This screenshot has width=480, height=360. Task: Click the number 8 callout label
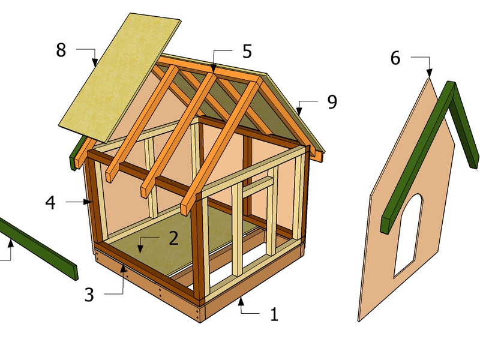(x=61, y=50)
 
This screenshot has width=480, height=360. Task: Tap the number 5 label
(x=247, y=52)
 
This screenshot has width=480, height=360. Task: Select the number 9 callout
(x=332, y=102)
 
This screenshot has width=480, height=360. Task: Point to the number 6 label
(x=395, y=58)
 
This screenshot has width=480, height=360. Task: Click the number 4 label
(x=50, y=203)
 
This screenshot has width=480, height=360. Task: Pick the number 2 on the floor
(x=173, y=238)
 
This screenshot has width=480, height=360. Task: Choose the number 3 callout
(x=89, y=295)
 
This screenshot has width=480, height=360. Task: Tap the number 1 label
(x=275, y=314)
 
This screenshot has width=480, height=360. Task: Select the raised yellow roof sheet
(x=120, y=77)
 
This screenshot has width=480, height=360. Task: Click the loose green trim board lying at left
(x=38, y=248)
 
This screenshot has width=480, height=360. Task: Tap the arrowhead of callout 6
(x=430, y=73)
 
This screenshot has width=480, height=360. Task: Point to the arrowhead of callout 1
(x=241, y=301)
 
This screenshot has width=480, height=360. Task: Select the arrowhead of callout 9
(x=299, y=111)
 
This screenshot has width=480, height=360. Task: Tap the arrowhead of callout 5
(x=214, y=68)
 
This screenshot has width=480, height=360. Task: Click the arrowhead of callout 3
(x=124, y=268)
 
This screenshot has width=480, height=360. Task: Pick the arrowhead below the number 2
(x=140, y=249)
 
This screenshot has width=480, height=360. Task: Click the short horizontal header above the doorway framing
(x=258, y=186)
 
